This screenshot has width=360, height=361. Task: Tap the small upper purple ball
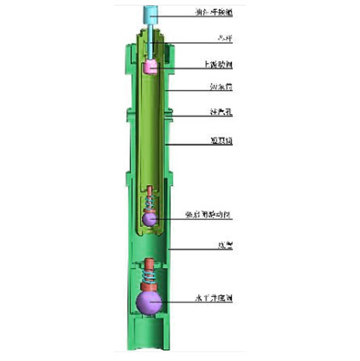click(x=150, y=219)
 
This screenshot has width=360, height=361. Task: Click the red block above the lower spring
click(x=150, y=268)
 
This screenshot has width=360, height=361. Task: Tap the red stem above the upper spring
click(x=150, y=189)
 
